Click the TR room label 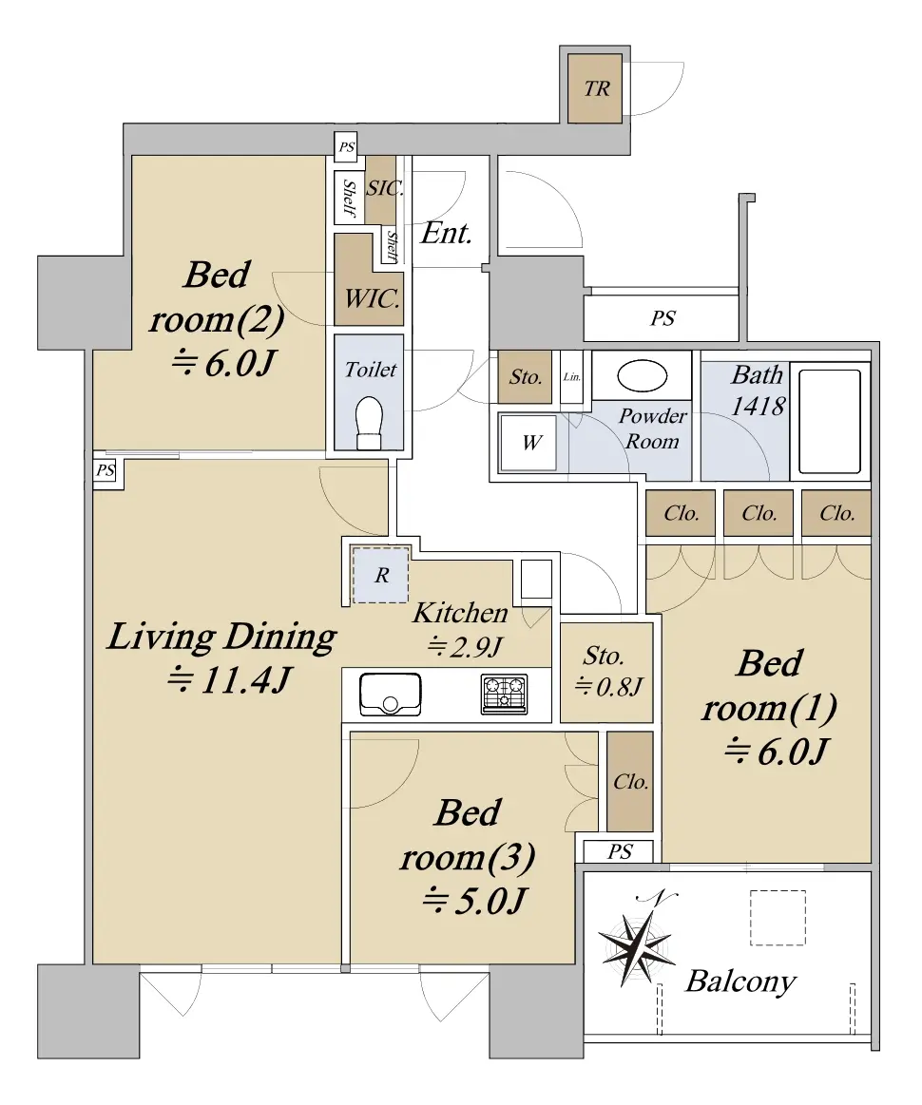[596, 88]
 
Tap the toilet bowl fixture [370, 423]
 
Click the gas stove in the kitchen [504, 694]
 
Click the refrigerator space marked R [380, 574]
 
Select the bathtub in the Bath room [829, 422]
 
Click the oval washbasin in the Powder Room [643, 375]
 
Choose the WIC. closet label [373, 298]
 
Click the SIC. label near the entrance [384, 188]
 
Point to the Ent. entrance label [446, 234]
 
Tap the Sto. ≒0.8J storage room [607, 672]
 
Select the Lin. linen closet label [571, 377]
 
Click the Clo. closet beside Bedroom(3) [630, 782]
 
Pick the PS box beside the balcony [619, 851]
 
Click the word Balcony [740, 981]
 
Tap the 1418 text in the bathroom [758, 406]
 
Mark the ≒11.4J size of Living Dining [229, 680]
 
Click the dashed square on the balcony [778, 918]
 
